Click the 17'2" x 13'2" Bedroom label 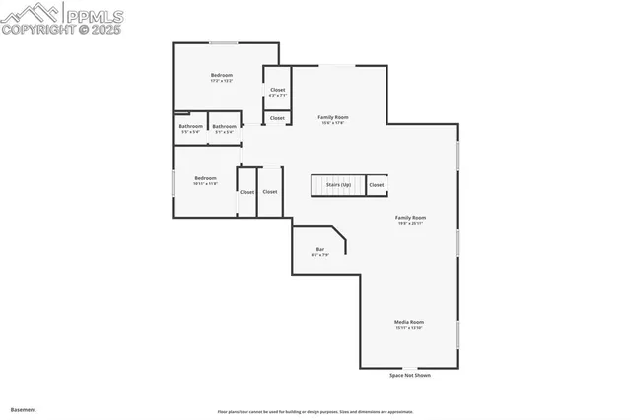pyautogui.click(x=222, y=78)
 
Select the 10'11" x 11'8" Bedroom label pyautogui.click(x=205, y=180)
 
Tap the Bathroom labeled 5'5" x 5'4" pyautogui.click(x=190, y=128)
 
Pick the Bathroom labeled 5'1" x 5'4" pyautogui.click(x=224, y=128)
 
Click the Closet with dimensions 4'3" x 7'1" pyautogui.click(x=277, y=92)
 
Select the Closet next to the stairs pyautogui.click(x=377, y=184)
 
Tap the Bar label pyautogui.click(x=319, y=251)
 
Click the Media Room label pyautogui.click(x=409, y=324)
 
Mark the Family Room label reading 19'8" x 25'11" pyautogui.click(x=410, y=220)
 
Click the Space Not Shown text pyautogui.click(x=409, y=375)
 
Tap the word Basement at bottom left pyautogui.click(x=23, y=409)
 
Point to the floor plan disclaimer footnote pyautogui.click(x=315, y=411)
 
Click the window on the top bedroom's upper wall pyautogui.click(x=224, y=43)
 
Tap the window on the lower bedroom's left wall pyautogui.click(x=175, y=181)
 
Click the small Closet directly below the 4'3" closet pyautogui.click(x=277, y=118)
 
